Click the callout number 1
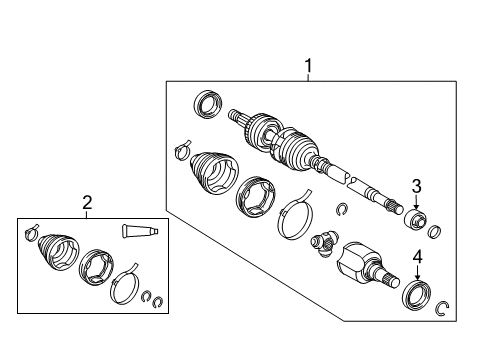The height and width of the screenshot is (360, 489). tap(308, 67)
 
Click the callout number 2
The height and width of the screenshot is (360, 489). tap(87, 203)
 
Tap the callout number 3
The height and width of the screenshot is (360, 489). tap(417, 185)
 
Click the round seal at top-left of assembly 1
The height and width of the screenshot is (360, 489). tap(207, 103)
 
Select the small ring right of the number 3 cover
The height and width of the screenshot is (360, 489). tap(434, 233)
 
